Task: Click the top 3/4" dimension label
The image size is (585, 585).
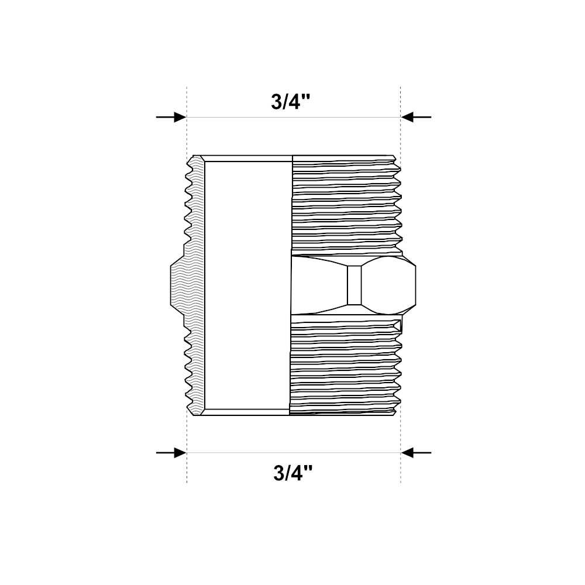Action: pos(291,101)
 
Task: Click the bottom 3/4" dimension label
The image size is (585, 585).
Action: pos(293,473)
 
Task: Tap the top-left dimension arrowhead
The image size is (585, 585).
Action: pos(180,117)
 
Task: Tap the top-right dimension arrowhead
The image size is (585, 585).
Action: pos(407,117)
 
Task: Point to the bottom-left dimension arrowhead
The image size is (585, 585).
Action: pos(180,453)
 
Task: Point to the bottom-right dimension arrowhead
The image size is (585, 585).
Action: pos(407,453)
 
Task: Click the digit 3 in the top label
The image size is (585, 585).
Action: pos(277,101)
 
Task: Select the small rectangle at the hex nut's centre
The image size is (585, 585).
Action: pos(355,285)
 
